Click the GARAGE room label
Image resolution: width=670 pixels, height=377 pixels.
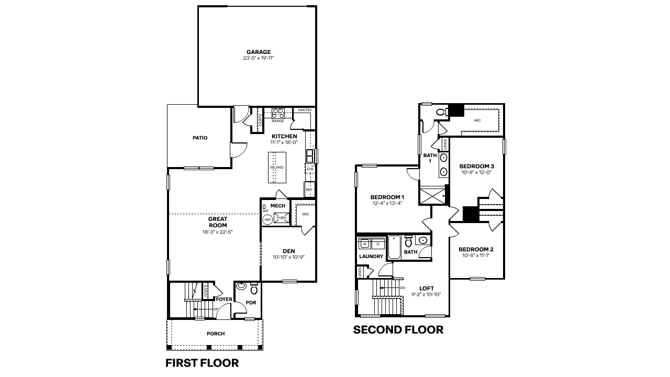pos(259,52)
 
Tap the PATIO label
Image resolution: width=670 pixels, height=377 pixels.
pos(199,138)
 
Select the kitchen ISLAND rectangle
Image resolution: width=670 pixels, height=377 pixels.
pos(277,168)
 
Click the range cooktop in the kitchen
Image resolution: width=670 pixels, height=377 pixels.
pos(277,112)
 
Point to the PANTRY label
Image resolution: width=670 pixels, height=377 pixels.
pos(305,110)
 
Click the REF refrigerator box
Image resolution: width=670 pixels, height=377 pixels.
pos(309,190)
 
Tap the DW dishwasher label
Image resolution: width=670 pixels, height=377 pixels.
pos(310,169)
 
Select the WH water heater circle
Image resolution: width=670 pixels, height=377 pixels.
pos(267,220)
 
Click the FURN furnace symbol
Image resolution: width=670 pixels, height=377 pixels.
pos(281,217)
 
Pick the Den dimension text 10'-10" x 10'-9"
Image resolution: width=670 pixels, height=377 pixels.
pos(288,257)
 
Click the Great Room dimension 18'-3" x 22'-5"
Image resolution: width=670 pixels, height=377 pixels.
pos(217,232)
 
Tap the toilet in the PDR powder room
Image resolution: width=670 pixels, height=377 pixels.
pos(254,288)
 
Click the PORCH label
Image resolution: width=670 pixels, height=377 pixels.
pos(216,334)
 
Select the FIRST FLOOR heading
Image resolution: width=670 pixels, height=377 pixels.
pos(202,362)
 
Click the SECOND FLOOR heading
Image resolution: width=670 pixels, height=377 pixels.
pos(398,330)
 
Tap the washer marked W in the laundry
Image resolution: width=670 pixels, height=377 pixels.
pos(365,244)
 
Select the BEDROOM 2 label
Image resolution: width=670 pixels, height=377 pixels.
pos(476,249)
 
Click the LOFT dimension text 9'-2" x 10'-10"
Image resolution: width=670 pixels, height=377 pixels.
pos(426,294)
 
